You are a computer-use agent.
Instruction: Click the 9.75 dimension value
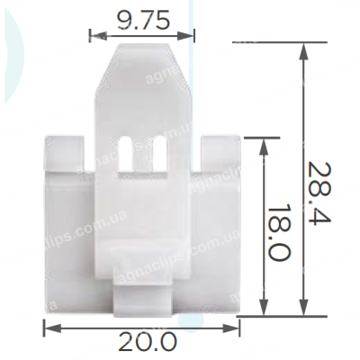coord(143,20)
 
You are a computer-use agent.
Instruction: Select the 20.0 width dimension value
coord(148,342)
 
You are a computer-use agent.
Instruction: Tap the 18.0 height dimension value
coord(279,232)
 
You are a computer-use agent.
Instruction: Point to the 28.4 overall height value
coord(319,193)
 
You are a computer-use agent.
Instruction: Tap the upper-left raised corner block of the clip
coord(64,154)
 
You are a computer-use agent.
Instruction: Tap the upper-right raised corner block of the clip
coord(220,154)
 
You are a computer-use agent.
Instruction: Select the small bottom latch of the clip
coord(143,300)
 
